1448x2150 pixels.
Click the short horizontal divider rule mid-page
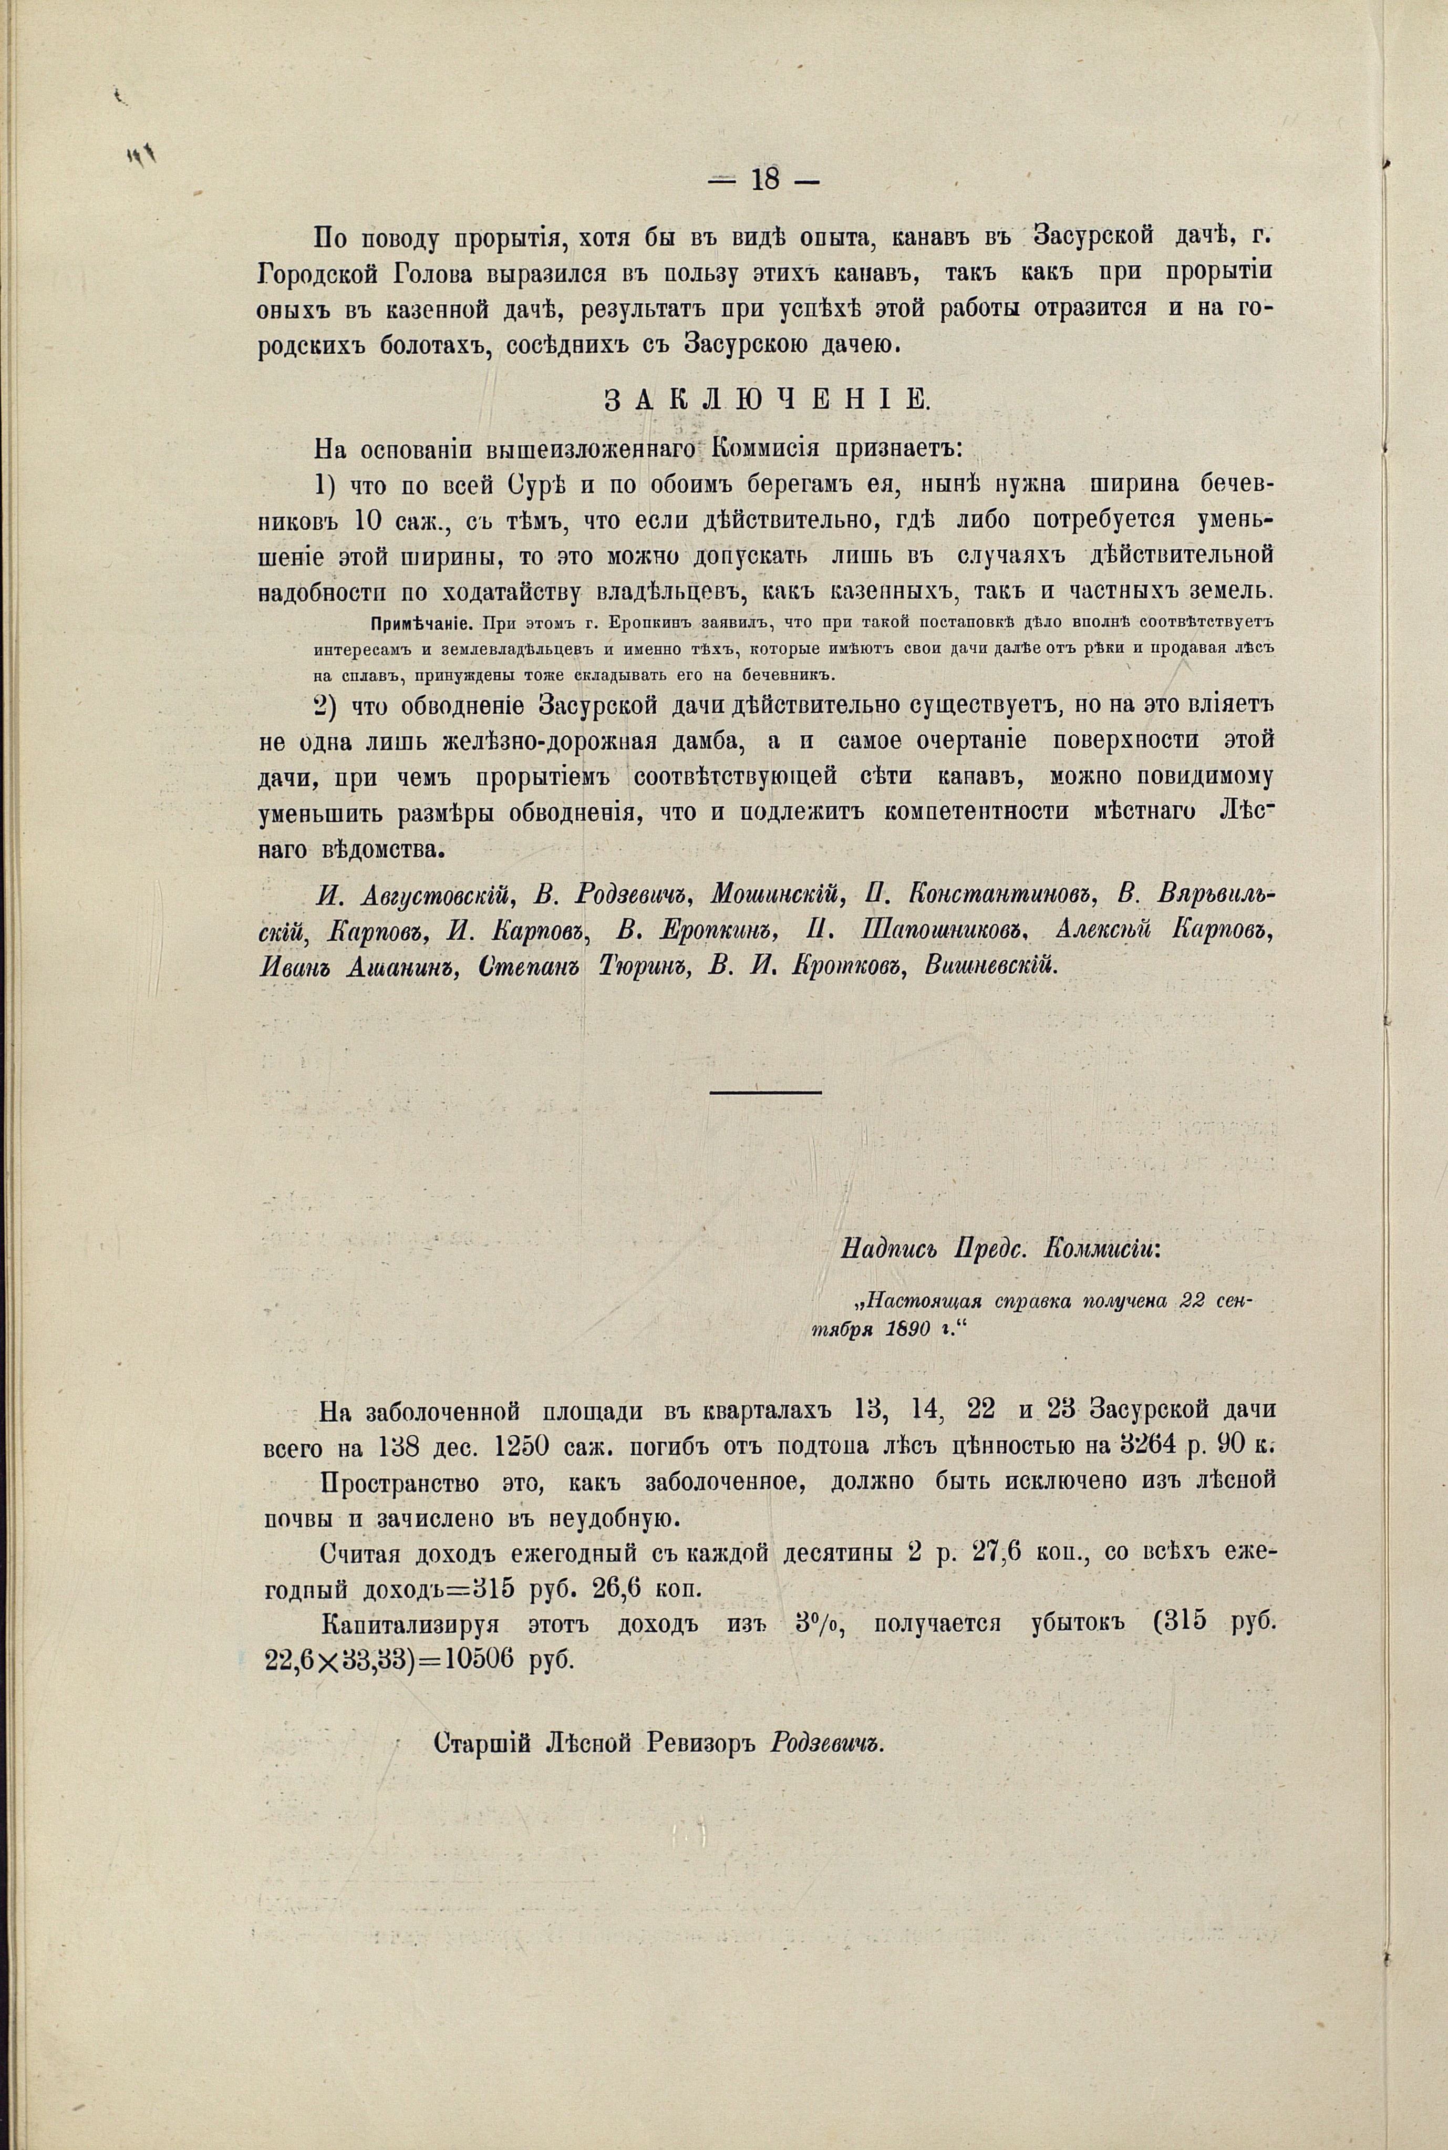766,1094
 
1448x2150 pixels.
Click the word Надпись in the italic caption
885,1250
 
